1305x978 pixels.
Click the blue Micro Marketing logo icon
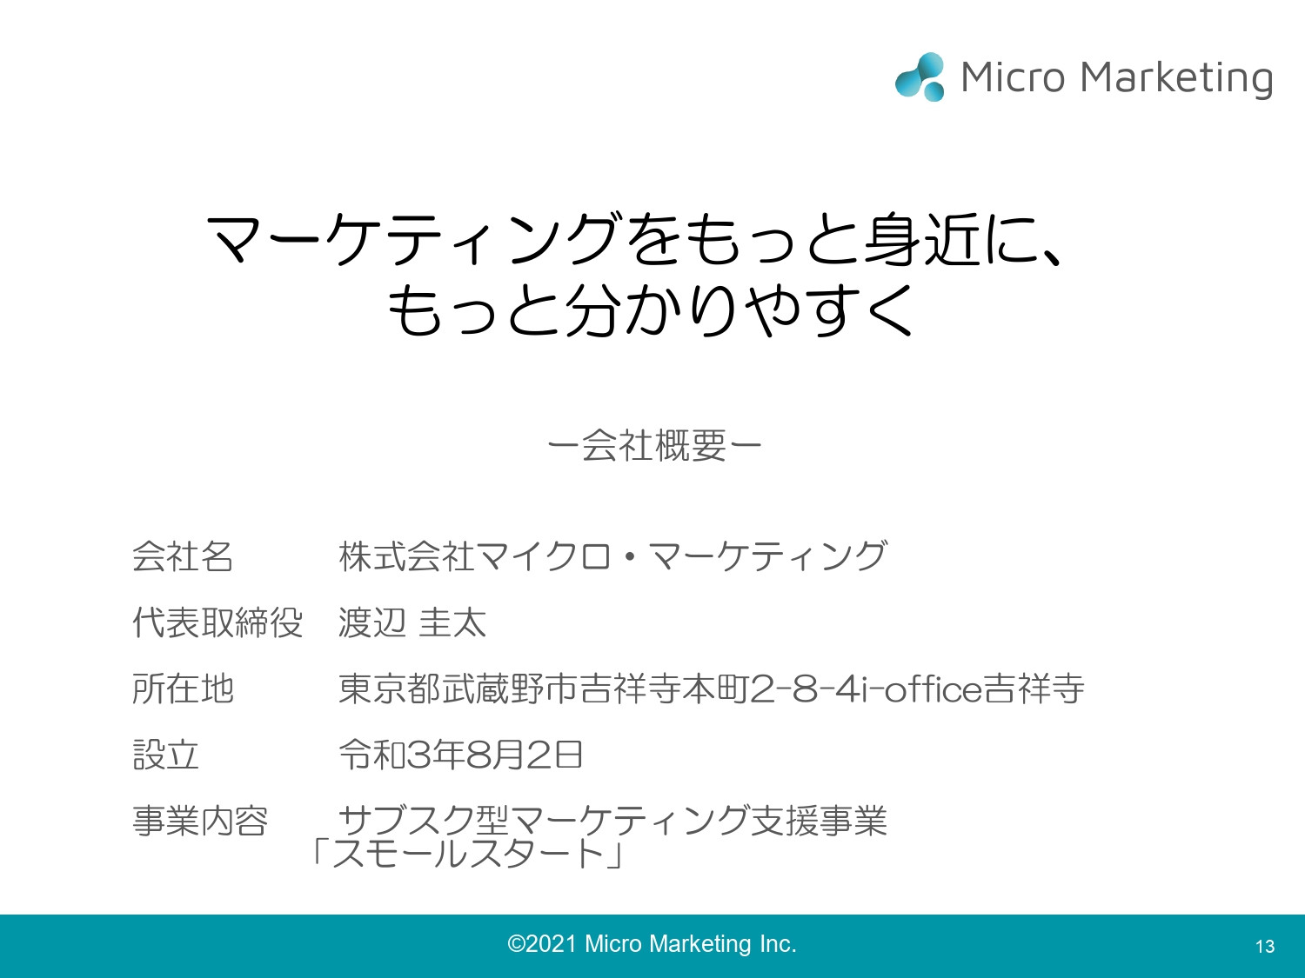(x=920, y=77)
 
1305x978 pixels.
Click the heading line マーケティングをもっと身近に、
(x=635, y=239)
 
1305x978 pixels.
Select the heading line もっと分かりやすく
(x=651, y=310)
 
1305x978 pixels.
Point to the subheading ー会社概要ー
(x=654, y=446)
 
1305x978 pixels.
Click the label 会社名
(x=183, y=556)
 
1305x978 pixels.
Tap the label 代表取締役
(x=217, y=622)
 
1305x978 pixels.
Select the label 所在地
(x=183, y=689)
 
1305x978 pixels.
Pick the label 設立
(x=165, y=755)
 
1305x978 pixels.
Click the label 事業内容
(x=200, y=821)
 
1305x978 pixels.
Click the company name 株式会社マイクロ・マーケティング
(x=612, y=556)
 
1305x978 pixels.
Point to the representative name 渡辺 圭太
(x=412, y=622)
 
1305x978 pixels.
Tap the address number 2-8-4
(x=805, y=689)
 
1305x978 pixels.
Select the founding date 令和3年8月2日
(x=460, y=755)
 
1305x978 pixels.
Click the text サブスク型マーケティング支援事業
(x=612, y=821)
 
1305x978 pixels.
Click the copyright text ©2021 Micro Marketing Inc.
(x=652, y=944)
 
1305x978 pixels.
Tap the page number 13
(x=1265, y=947)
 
